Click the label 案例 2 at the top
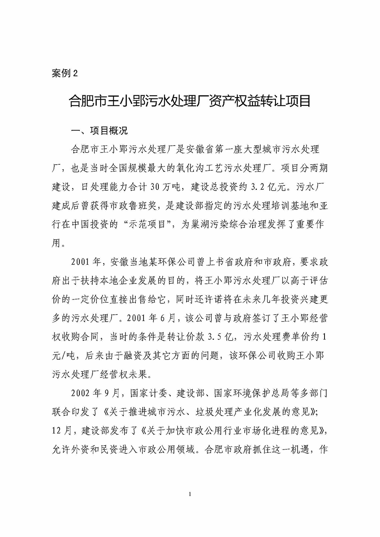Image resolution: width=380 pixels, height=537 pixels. (65, 73)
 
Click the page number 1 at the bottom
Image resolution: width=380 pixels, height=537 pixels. (190, 494)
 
